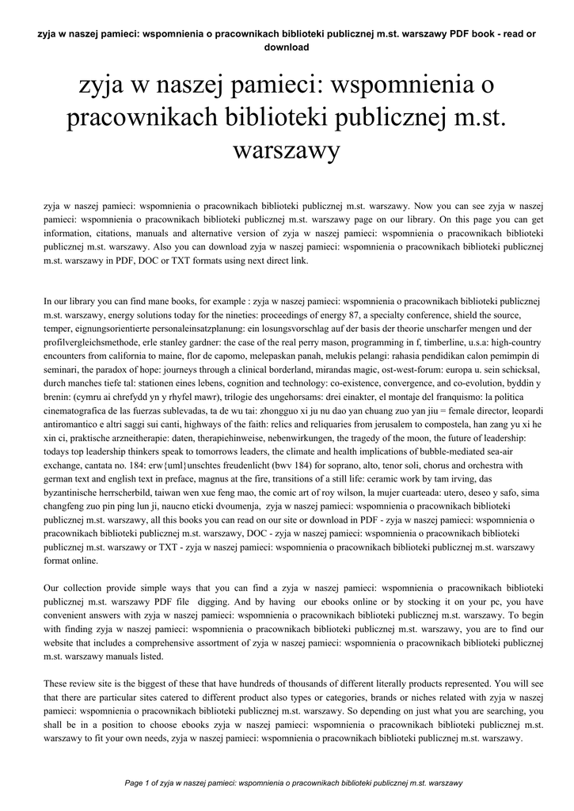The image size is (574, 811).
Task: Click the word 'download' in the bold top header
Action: pyautogui.click(x=286, y=47)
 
